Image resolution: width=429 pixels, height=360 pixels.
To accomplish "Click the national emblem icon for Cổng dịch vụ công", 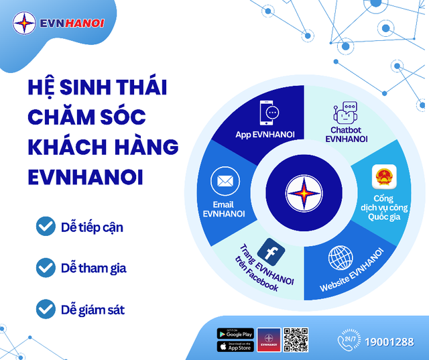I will pyautogui.click(x=385, y=178).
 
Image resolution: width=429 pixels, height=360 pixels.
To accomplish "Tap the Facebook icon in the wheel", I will pyautogui.click(x=271, y=251).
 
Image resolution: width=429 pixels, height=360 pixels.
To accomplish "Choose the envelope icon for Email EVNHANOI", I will pyautogui.click(x=225, y=181).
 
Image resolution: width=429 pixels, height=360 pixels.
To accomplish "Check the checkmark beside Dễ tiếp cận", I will pyautogui.click(x=46, y=227).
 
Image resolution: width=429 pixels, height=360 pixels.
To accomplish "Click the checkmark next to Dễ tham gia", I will pyautogui.click(x=46, y=268).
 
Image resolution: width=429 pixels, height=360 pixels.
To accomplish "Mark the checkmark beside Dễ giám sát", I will pyautogui.click(x=46, y=309).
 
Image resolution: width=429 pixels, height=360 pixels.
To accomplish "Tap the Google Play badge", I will pyautogui.click(x=235, y=333).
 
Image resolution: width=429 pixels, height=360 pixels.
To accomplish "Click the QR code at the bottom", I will pyautogui.click(x=295, y=340).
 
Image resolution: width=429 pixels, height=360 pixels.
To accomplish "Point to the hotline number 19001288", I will pyautogui.click(x=389, y=342).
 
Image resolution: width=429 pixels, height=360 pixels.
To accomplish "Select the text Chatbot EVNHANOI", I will pyautogui.click(x=346, y=134).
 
